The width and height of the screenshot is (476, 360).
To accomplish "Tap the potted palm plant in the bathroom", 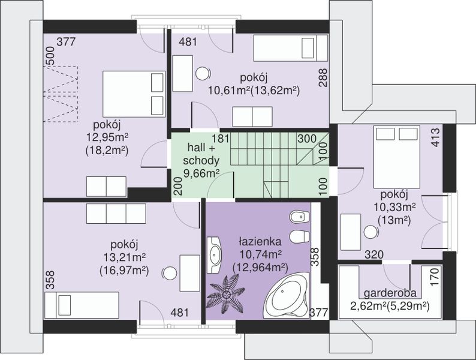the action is pos(226,294).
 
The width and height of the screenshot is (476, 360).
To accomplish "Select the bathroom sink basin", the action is pos(215,254).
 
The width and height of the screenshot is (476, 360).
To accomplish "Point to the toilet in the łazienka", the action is pos(299,236).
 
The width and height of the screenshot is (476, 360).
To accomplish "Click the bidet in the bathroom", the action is pos(299,217).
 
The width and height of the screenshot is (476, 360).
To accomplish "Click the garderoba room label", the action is pos(390,293).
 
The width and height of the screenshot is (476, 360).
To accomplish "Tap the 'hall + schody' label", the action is pos(201,154).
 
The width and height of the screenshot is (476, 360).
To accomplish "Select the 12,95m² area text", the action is pos(107,137).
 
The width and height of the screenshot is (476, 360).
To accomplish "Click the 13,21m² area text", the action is pos(125,257).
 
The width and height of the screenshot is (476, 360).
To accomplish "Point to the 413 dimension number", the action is pos(435,137).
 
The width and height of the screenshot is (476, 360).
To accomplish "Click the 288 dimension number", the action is pos(323,78).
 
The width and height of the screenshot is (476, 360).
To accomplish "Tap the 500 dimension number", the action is pos(50,56).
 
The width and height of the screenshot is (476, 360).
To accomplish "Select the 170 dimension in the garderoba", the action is pos(435,275).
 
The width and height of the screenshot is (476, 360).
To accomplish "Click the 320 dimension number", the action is pos(374,254).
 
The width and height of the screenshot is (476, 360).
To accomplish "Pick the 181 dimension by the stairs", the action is pos(221,139).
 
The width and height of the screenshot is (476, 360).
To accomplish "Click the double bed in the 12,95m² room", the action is pos(134,94).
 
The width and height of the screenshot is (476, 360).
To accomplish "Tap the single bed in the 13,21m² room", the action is pos(82,305).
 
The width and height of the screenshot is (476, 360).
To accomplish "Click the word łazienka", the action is pos(260,242).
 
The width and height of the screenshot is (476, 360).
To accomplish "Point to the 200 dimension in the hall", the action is pos(179,185).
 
